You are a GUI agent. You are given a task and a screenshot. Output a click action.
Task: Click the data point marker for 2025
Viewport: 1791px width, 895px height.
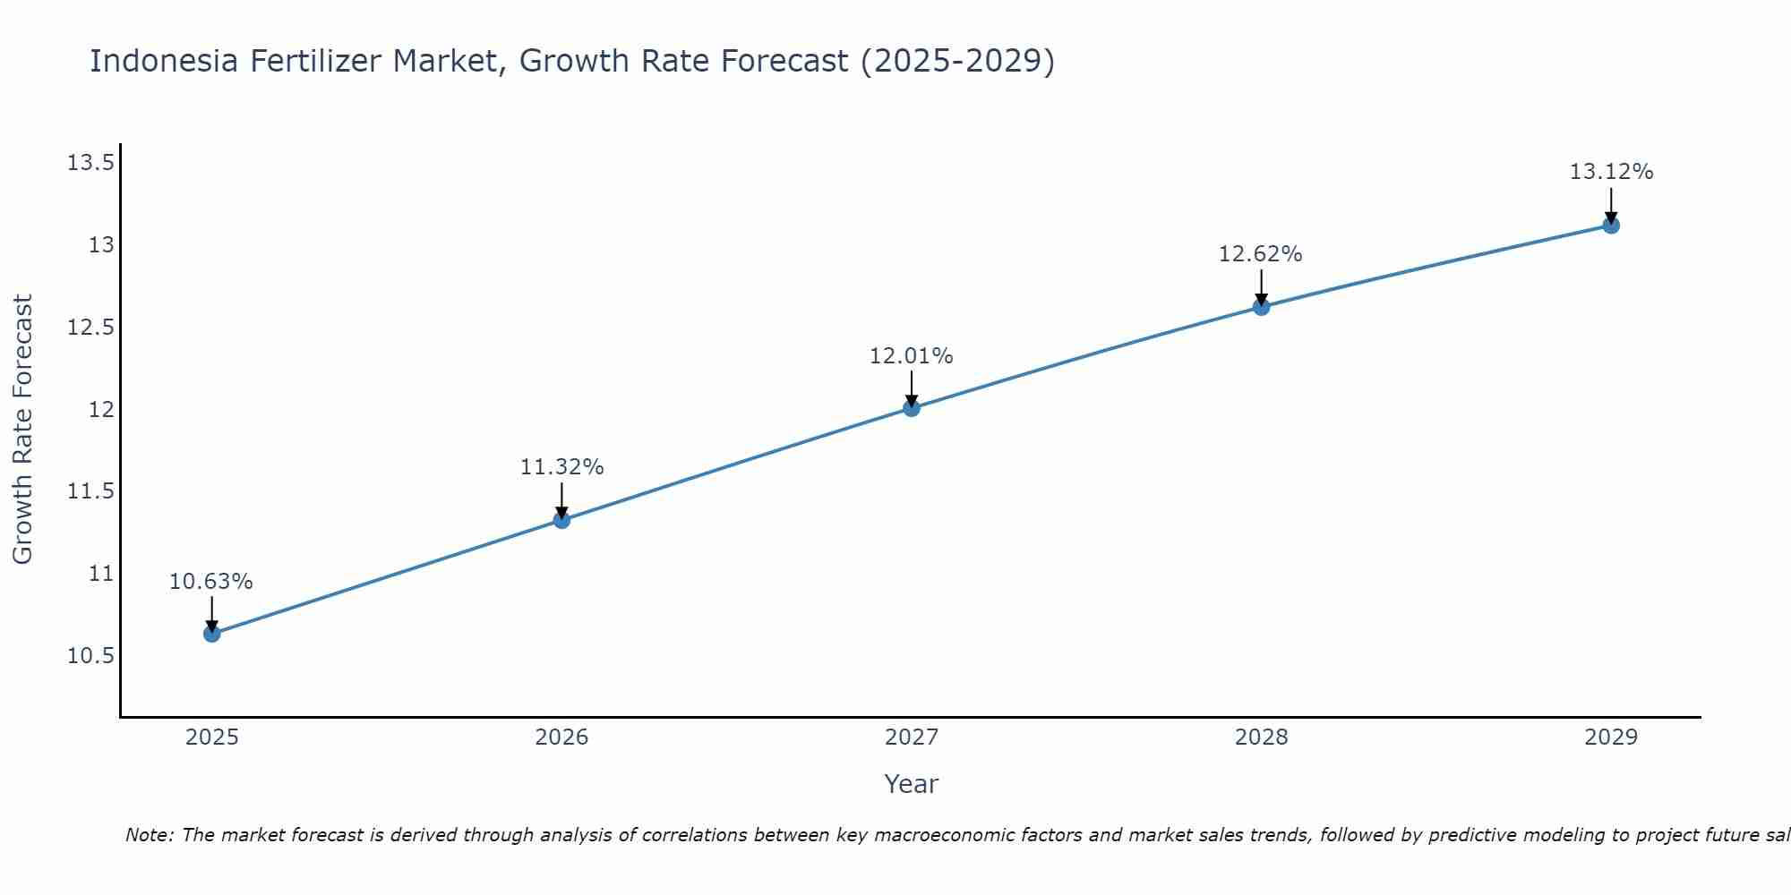point(212,634)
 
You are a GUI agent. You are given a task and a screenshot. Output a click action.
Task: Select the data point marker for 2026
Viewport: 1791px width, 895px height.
point(561,520)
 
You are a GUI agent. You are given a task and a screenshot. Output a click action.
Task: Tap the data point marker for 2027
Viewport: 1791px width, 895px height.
point(912,408)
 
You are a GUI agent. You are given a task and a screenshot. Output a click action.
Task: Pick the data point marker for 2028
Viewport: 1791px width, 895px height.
point(1261,307)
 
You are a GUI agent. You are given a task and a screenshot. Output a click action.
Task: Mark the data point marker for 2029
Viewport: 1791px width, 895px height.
point(1611,226)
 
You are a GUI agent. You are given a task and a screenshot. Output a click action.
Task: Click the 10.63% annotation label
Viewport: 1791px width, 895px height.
point(211,582)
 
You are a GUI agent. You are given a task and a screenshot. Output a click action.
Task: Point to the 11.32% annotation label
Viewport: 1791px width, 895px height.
point(561,467)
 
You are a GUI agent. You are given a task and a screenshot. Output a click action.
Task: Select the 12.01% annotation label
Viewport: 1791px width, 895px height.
point(912,356)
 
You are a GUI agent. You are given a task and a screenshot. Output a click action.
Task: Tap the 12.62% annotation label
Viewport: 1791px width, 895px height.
point(1261,254)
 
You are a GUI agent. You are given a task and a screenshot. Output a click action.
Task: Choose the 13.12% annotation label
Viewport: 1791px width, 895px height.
point(1611,172)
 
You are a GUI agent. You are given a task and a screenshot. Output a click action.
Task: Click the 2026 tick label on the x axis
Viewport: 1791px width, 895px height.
point(561,737)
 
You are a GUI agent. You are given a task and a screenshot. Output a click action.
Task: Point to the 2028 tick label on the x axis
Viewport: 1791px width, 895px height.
point(1261,737)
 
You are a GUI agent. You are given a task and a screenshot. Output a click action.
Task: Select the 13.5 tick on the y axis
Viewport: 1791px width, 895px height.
point(90,163)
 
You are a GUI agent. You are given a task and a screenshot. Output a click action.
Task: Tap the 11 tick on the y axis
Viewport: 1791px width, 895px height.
point(102,574)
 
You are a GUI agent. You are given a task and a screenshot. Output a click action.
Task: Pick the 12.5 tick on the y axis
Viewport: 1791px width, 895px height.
point(90,328)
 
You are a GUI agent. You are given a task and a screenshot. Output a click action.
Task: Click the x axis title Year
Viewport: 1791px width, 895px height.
point(912,784)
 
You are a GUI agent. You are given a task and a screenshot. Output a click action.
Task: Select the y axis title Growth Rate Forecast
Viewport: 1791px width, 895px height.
point(22,430)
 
